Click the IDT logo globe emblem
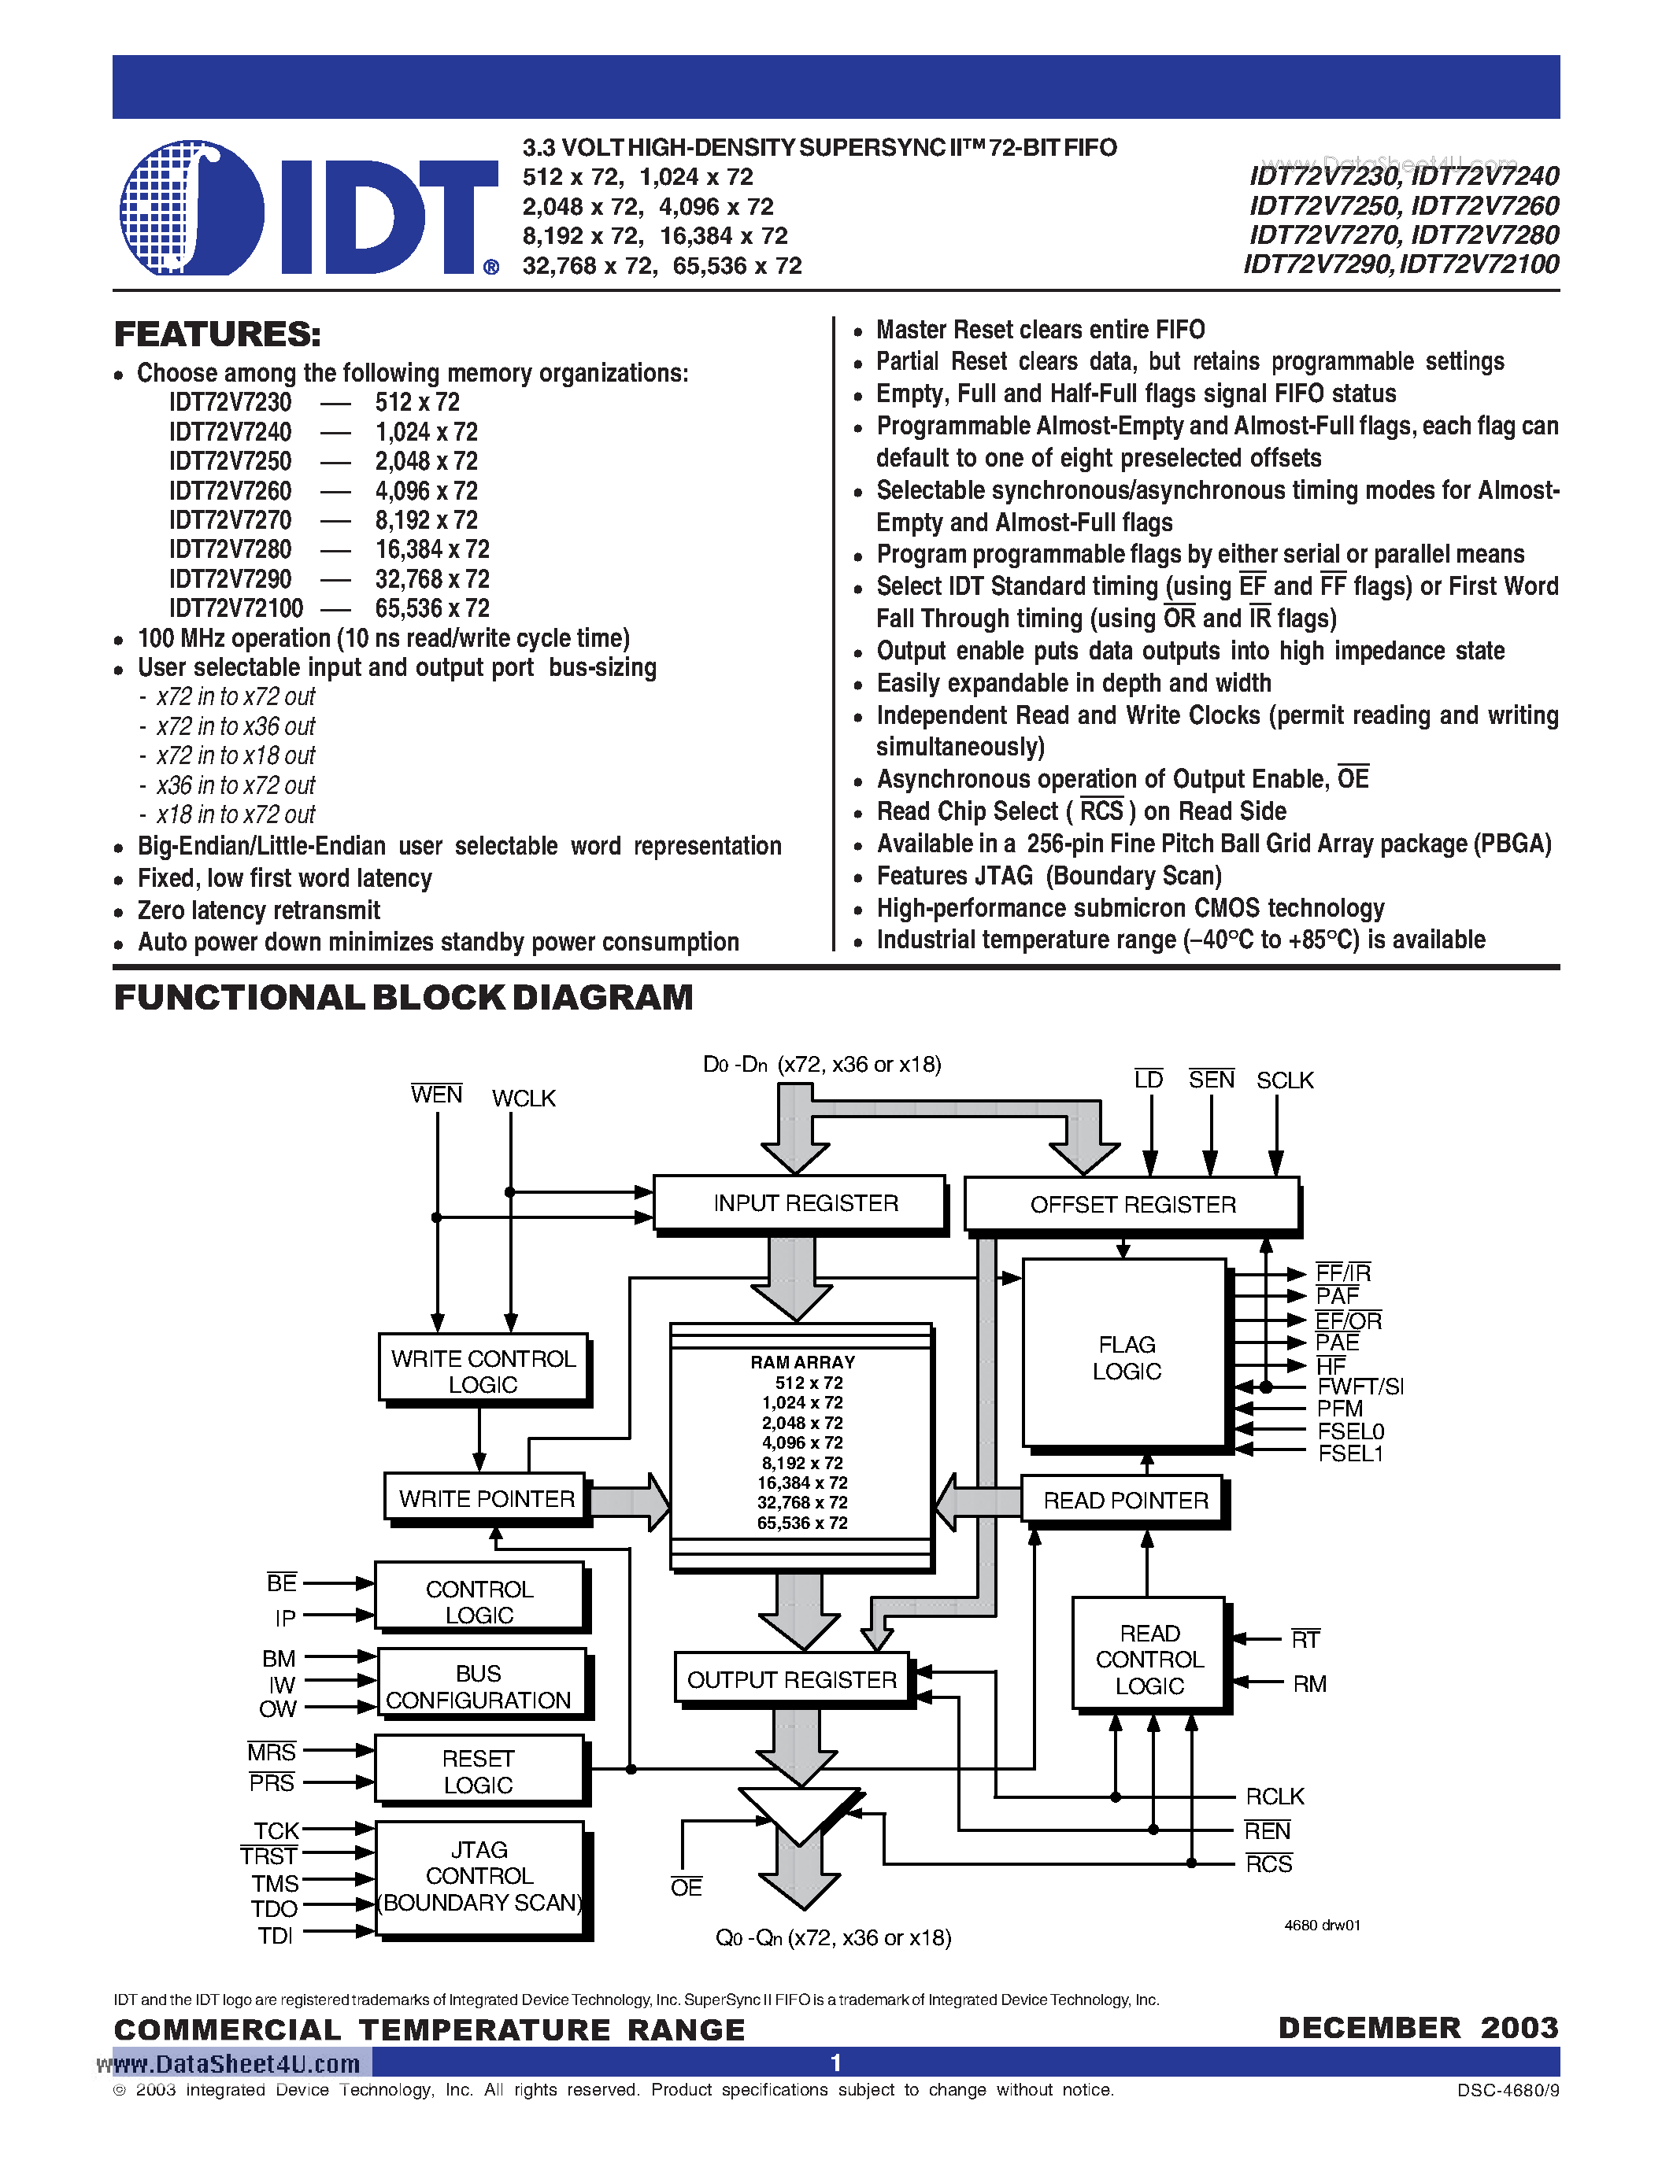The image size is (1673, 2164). (x=191, y=208)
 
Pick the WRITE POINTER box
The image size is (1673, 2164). (x=485, y=1498)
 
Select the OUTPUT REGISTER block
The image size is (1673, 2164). (x=791, y=1679)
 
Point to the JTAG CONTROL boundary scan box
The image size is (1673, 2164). (x=479, y=1877)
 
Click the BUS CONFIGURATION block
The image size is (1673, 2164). (x=479, y=1686)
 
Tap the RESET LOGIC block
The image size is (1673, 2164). (x=479, y=1771)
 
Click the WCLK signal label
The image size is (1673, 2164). (x=524, y=1098)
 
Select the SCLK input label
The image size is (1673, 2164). (x=1285, y=1080)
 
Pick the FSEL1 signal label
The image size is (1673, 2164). (x=1350, y=1453)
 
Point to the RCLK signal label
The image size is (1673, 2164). (x=1275, y=1797)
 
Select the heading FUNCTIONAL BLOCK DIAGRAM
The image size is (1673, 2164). (x=403, y=997)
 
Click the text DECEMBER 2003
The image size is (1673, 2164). (x=1417, y=2027)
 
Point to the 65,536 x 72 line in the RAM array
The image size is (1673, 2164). (x=801, y=1523)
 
